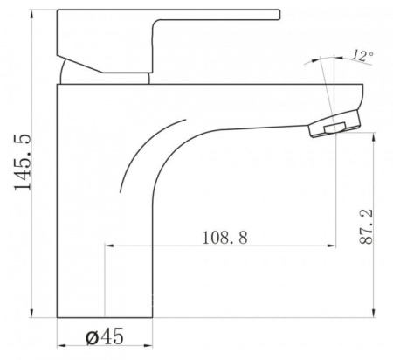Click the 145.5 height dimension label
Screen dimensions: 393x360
(23, 162)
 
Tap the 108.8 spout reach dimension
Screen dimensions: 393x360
(224, 238)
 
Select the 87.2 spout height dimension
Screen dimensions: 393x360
(366, 227)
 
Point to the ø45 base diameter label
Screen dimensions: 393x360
(105, 336)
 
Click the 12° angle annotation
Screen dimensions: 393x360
(363, 55)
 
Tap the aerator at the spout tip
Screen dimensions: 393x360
(334, 123)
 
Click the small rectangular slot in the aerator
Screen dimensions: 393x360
(335, 128)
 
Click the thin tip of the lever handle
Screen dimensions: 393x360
(278, 15)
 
